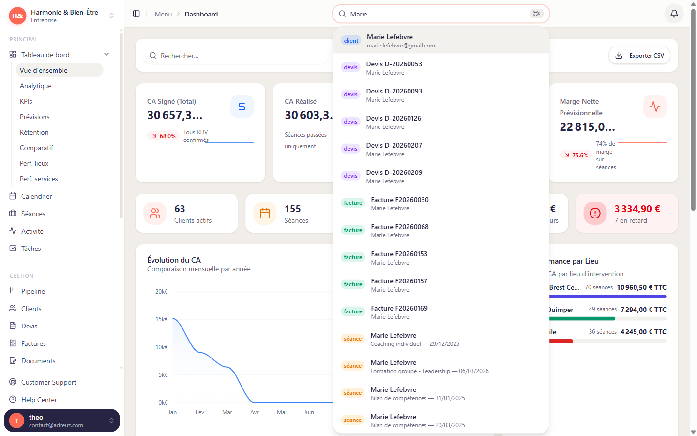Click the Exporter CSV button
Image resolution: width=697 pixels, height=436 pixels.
[639, 56]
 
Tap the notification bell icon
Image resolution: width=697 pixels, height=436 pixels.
[674, 14]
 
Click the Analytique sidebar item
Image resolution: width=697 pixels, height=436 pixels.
[36, 86]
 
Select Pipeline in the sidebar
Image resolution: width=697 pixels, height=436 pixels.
[33, 291]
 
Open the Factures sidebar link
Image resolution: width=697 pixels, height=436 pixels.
[33, 343]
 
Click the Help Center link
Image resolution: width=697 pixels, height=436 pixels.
[39, 400]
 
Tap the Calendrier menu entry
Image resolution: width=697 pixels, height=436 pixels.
[36, 196]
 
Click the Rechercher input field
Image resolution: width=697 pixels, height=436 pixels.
[237, 56]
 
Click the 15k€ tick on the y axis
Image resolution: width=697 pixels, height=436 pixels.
[161, 319]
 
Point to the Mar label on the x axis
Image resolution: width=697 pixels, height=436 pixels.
[227, 412]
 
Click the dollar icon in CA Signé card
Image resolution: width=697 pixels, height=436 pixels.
[242, 107]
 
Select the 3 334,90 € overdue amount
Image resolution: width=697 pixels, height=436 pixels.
[637, 209]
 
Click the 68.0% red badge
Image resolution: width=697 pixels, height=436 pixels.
[163, 136]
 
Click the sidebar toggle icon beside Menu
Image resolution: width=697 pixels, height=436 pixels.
[136, 14]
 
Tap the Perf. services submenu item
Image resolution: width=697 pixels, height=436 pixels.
[39, 179]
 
